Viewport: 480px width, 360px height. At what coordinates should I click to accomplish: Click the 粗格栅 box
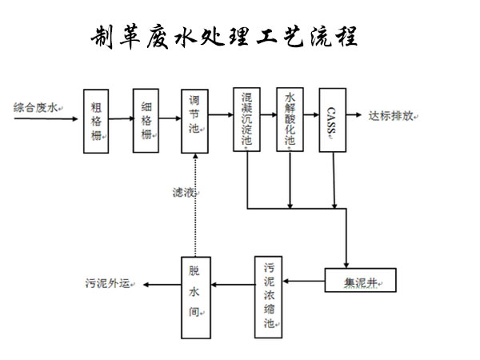[96, 122]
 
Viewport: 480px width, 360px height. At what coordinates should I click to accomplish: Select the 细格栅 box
[146, 121]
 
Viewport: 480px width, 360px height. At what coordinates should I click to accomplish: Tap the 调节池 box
[194, 122]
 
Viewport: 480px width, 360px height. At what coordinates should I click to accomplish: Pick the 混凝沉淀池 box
[246, 119]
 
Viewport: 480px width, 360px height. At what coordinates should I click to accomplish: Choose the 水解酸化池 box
[290, 119]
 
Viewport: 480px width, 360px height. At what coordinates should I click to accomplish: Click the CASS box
[333, 120]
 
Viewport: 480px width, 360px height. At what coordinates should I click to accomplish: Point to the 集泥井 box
[360, 280]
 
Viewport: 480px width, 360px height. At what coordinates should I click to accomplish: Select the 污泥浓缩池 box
[269, 297]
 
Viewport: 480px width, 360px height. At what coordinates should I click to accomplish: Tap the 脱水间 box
[196, 298]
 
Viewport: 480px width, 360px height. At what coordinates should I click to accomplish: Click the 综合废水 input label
[35, 108]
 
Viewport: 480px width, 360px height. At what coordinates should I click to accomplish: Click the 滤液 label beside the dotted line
[184, 193]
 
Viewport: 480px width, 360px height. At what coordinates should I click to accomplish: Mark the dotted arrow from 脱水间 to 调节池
[195, 205]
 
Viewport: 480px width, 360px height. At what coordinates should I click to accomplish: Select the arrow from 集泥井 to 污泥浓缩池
[304, 281]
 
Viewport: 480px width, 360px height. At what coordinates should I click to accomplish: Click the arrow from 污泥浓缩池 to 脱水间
[233, 285]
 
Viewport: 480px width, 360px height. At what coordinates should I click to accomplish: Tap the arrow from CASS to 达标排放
[354, 114]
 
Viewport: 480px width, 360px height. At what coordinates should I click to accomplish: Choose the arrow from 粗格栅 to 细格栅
[122, 118]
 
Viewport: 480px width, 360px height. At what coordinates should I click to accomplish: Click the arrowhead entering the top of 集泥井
[346, 265]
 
